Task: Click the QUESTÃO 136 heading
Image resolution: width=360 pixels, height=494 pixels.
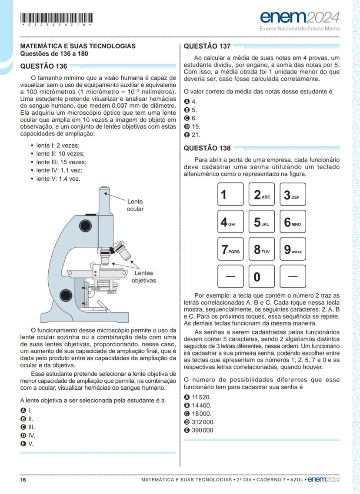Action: click(44, 66)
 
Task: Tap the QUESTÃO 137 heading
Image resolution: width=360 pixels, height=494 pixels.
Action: click(207, 46)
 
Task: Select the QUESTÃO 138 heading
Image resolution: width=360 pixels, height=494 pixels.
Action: click(207, 148)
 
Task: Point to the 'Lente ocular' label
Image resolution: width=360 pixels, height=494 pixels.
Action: click(135, 206)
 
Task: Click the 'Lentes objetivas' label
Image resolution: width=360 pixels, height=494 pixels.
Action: click(143, 277)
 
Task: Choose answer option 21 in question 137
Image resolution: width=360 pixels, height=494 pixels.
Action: click(193, 135)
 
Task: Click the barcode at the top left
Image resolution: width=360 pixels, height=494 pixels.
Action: click(57, 19)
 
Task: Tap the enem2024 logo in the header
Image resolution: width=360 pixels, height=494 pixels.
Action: click(300, 17)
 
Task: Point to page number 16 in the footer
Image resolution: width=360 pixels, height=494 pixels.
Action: click(23, 480)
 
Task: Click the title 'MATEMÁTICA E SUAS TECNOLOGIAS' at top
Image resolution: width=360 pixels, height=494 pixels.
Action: click(78, 46)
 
